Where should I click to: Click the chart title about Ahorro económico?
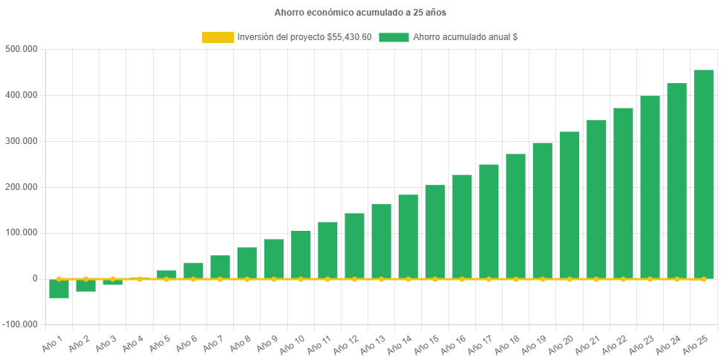(360, 13)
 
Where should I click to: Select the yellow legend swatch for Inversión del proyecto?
(217, 37)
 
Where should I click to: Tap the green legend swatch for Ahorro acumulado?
(394, 37)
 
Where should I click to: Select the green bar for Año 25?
(703, 174)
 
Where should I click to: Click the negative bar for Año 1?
(59, 289)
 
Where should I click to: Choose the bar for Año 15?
(435, 232)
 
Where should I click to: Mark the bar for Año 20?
(570, 205)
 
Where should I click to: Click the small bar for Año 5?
(166, 275)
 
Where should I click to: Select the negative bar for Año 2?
(85, 286)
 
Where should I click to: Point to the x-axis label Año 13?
(372, 343)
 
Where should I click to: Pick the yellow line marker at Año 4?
(140, 279)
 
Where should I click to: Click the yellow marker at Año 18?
(515, 279)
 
